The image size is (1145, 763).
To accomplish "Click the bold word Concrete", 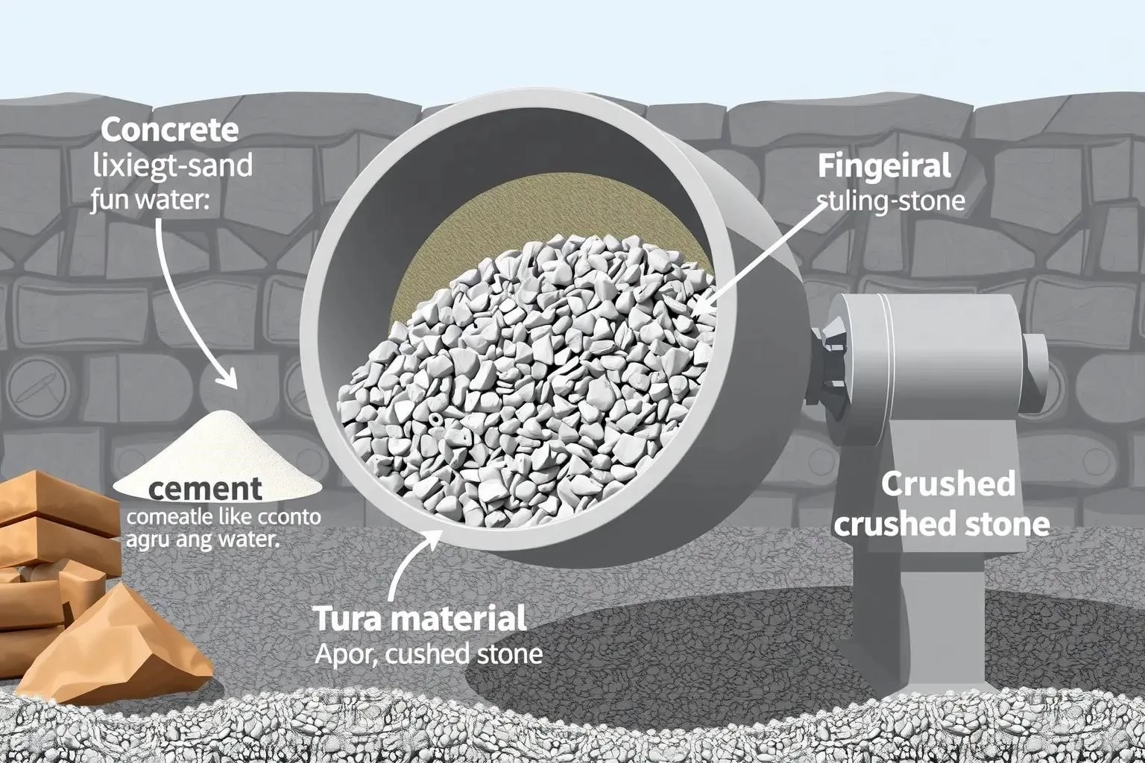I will coord(169,130).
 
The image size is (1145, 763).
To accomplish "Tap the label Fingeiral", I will coord(884,165).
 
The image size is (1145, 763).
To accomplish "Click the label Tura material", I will coord(420,618).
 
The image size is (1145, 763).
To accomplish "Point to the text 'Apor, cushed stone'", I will coord(429,654).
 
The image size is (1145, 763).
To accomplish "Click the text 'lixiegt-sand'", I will coord(172,165).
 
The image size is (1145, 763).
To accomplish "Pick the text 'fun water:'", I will coord(149,200).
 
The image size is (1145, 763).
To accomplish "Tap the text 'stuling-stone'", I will coord(891,200).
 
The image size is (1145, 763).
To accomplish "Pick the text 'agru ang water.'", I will coord(202,539).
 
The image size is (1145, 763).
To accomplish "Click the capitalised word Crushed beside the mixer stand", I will coord(947,484).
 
